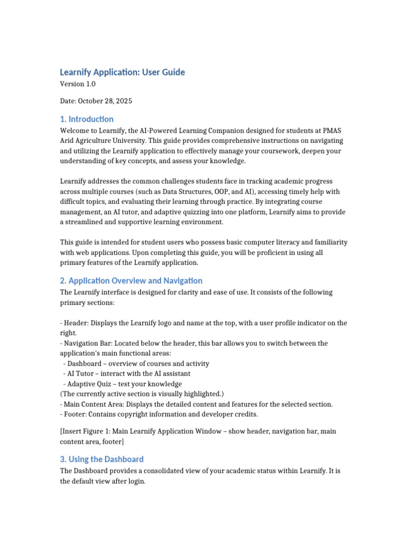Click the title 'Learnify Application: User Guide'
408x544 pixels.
coord(122,72)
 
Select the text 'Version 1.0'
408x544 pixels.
coord(78,84)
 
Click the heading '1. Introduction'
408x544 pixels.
coord(86,119)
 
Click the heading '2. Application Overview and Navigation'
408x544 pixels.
coord(131,280)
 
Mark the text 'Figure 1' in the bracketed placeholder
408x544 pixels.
coord(98,431)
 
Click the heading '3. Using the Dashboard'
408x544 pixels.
coord(101,459)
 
